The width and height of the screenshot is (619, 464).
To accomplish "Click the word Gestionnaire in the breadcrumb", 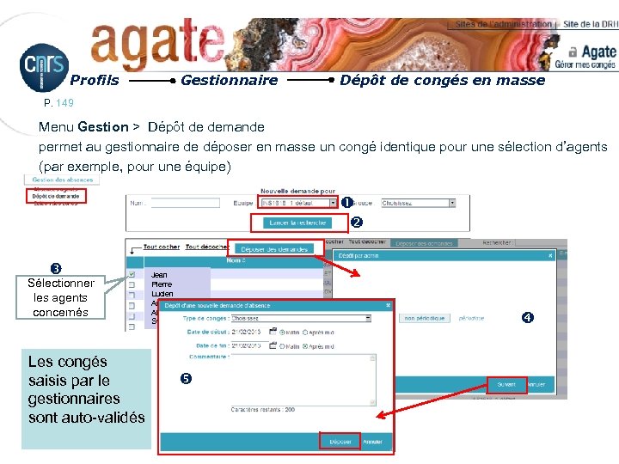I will tap(229, 81).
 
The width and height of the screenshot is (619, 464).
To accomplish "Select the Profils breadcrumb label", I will tap(94, 81).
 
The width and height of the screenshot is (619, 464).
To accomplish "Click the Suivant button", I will tap(505, 384).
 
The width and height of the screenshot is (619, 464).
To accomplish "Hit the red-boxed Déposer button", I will tap(340, 442).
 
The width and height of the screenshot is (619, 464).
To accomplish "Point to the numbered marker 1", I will tap(346, 204).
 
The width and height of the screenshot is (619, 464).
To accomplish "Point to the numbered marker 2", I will tap(358, 223).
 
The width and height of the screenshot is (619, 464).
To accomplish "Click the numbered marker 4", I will tap(528, 318).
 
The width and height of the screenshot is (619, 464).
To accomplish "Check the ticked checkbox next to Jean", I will tap(132, 274).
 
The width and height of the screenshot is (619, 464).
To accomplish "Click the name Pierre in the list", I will tap(162, 284).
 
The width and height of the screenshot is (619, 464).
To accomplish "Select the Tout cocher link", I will tap(162, 247).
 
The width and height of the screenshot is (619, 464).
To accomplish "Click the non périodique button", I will tap(426, 318).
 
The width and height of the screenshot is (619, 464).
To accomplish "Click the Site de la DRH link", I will tap(589, 24).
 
